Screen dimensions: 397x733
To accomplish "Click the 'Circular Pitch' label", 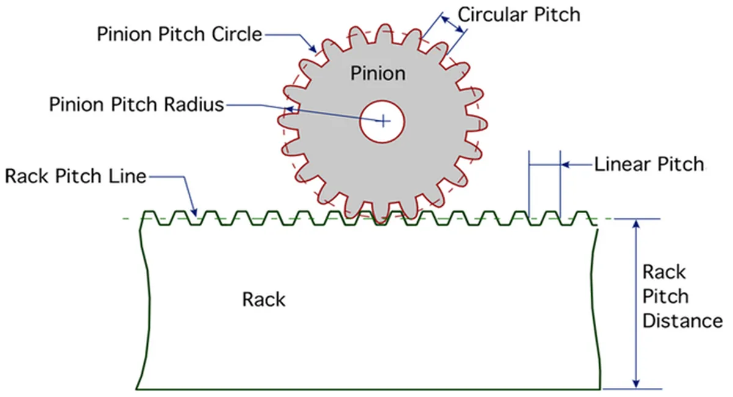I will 519,14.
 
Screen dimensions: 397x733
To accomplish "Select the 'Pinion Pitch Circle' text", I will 179,34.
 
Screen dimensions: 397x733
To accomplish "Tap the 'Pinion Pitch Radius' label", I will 137,104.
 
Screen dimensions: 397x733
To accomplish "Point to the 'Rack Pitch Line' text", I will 75,177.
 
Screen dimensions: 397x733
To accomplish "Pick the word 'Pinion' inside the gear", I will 377,73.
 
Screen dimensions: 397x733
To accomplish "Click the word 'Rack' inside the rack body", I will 264,300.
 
